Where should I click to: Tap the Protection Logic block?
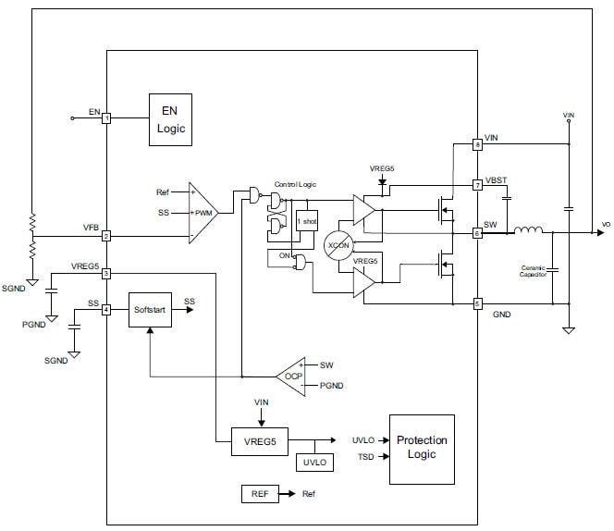point(422,449)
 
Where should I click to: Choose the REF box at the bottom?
point(259,494)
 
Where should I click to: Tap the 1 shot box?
point(306,222)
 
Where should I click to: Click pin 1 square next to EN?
point(106,118)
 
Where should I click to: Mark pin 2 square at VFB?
point(106,236)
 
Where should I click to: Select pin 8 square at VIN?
point(477,144)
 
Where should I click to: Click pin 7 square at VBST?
point(477,185)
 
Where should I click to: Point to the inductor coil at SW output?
point(529,232)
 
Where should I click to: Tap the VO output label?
point(606,225)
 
